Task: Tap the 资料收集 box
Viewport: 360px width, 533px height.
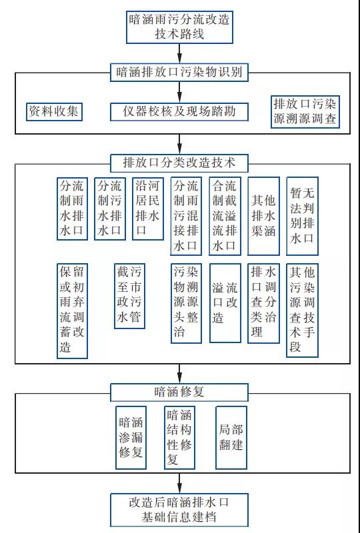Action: point(53,111)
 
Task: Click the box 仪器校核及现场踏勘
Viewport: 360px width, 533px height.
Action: point(179,111)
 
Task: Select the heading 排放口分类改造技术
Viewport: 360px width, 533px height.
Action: point(179,162)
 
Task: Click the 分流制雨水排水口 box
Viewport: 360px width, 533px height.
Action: point(72,209)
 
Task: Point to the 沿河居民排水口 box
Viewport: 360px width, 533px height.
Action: point(147,209)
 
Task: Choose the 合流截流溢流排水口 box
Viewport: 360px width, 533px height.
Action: point(225,216)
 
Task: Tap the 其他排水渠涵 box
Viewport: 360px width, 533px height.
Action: point(263,216)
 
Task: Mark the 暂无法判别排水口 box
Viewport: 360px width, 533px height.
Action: point(302,216)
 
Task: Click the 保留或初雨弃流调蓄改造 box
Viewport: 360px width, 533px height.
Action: point(72,310)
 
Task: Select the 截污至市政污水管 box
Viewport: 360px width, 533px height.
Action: point(129,296)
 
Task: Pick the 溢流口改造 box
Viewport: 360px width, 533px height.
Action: point(225,303)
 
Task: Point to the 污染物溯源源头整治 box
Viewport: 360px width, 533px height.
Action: point(186,303)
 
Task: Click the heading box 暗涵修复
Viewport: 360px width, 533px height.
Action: point(179,392)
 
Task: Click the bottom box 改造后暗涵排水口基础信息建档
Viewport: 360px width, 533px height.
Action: point(179,509)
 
